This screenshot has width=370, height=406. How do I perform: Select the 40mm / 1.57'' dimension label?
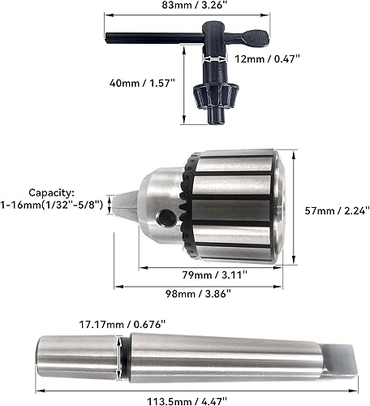[142, 83]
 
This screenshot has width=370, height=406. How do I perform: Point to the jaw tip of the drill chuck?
[123, 208]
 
